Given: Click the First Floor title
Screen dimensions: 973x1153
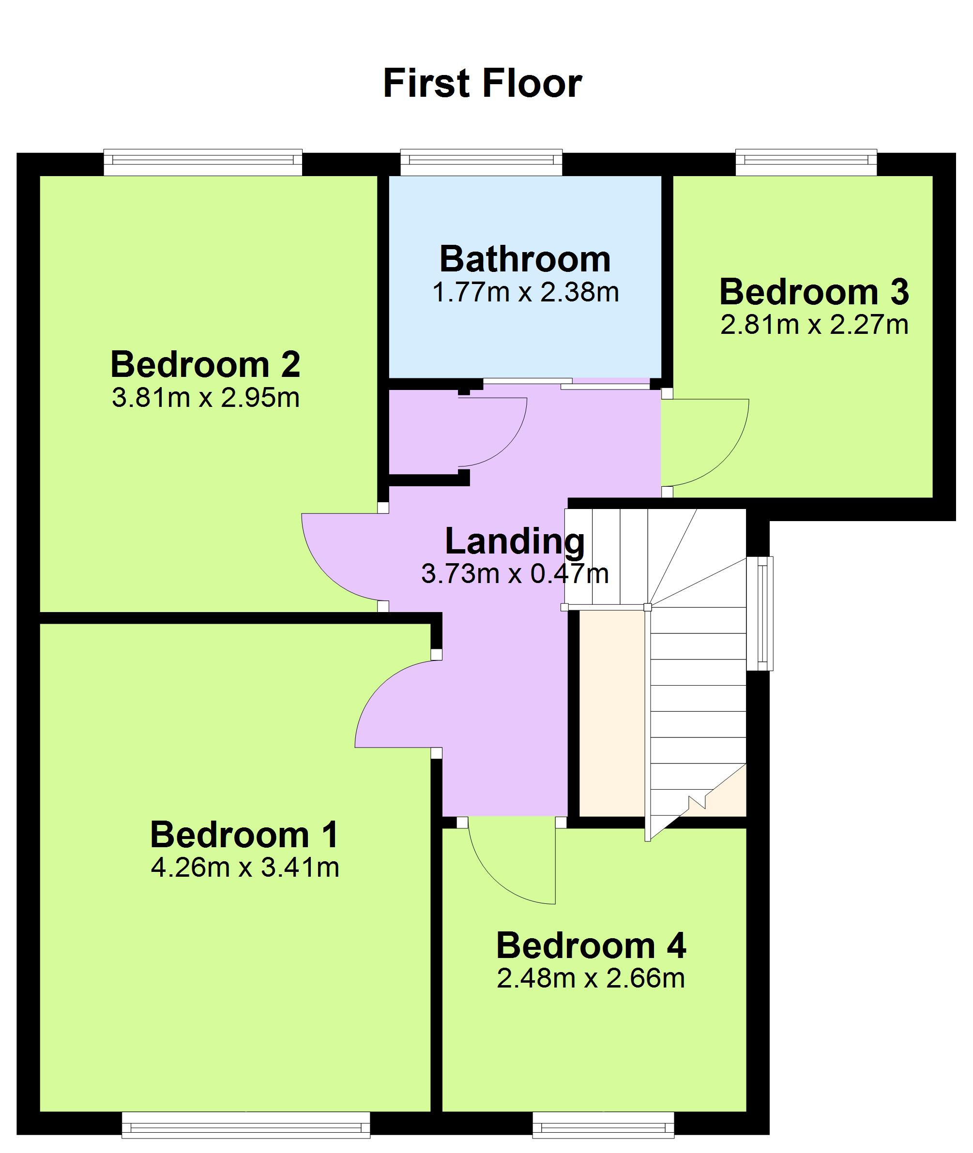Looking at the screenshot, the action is (483, 83).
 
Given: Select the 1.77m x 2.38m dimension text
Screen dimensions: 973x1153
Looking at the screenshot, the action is (525, 292).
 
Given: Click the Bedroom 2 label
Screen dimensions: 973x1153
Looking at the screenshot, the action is (205, 364).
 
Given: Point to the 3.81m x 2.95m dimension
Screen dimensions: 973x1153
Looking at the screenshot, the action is (205, 398).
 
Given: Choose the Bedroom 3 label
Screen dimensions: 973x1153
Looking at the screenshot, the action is (814, 292).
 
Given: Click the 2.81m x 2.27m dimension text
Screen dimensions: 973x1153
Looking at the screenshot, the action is (814, 325).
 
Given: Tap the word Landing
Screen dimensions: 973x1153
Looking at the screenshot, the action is (515, 541).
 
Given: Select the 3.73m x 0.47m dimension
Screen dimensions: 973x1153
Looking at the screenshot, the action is (515, 574).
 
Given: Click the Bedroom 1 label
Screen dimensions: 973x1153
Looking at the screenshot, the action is (244, 835).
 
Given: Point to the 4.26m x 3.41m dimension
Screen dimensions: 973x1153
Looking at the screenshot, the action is (244, 868).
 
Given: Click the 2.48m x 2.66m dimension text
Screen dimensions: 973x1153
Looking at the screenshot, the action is (591, 979).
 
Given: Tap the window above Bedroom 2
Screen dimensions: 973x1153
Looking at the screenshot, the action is (203, 162).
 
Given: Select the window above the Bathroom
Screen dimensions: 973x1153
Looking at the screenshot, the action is (481, 162).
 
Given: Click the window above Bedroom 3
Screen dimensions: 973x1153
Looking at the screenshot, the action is (806, 162).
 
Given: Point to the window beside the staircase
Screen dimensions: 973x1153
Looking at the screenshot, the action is (760, 614).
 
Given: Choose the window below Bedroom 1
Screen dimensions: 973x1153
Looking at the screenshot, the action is (245, 1125).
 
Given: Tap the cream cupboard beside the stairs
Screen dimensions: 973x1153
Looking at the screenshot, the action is (612, 713).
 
